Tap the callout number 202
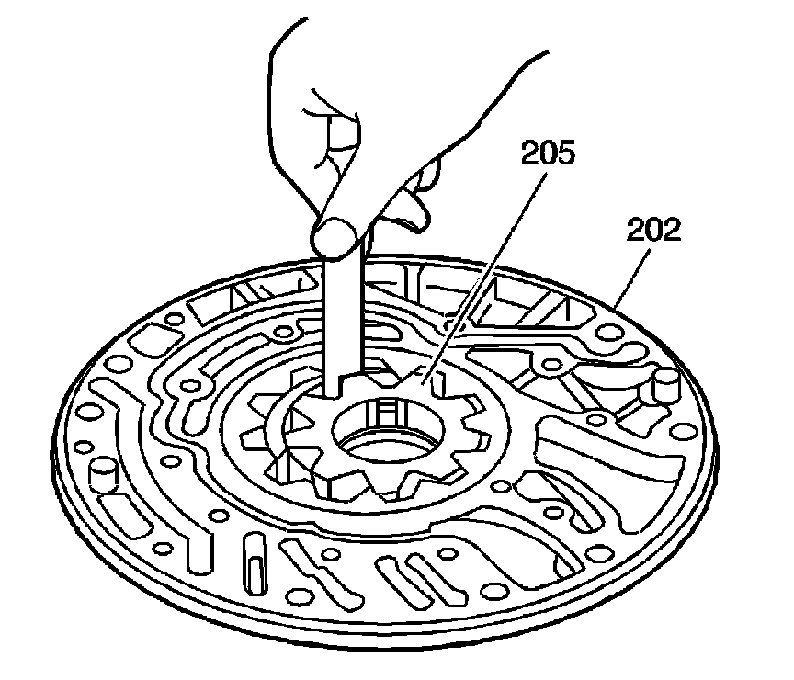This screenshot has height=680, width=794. coord(653,230)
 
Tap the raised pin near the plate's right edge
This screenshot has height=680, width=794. coord(663,386)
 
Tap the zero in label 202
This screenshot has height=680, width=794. coord(653,230)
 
